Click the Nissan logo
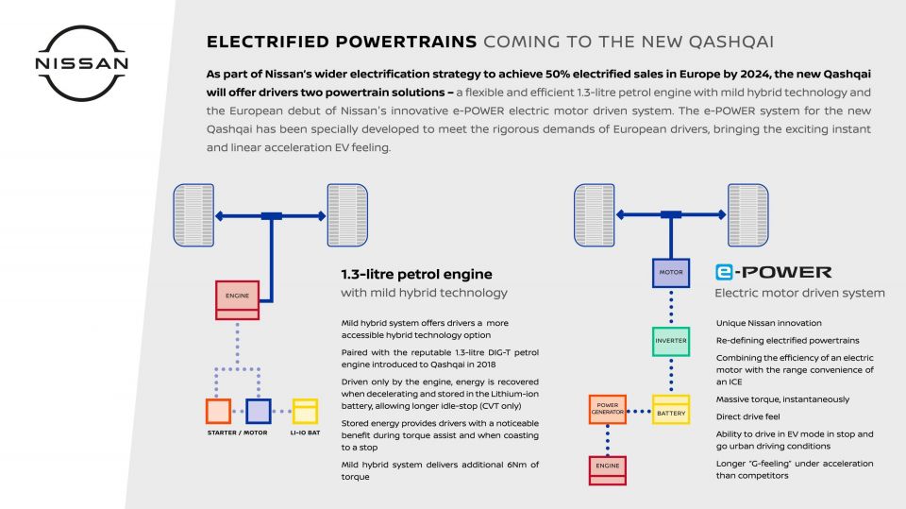pyautogui.click(x=81, y=63)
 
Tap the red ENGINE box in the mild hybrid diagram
pyautogui.click(x=238, y=300)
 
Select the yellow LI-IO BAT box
pyautogui.click(x=305, y=411)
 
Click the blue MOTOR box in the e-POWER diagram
pyautogui.click(x=671, y=273)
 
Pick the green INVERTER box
pyautogui.click(x=671, y=341)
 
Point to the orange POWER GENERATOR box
pyautogui.click(x=607, y=409)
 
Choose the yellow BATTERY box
pyautogui.click(x=671, y=409)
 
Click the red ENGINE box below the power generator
pyautogui.click(x=607, y=470)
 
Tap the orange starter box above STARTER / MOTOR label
pyautogui.click(x=218, y=411)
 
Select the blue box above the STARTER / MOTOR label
pyautogui.click(x=259, y=411)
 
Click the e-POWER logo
pyautogui.click(x=773, y=272)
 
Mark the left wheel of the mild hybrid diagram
pyautogui.click(x=193, y=215)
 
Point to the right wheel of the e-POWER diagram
pyautogui.click(x=748, y=215)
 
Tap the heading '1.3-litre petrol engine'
pyautogui.click(x=416, y=274)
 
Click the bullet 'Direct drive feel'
pyautogui.click(x=747, y=416)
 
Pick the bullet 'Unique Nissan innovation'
pyautogui.click(x=768, y=323)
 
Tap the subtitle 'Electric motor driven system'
pyautogui.click(x=799, y=293)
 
